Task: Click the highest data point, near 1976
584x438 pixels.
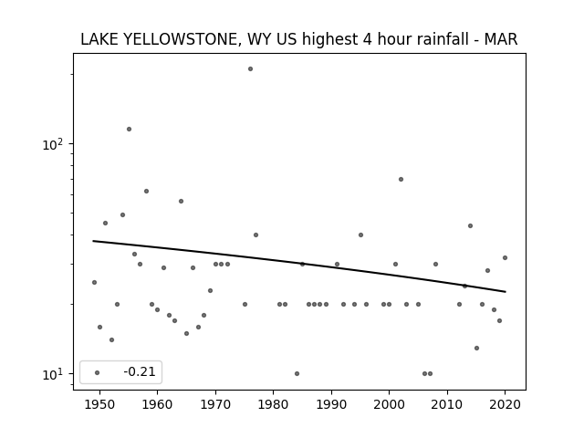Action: click(x=250, y=69)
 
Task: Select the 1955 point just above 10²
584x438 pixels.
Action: click(x=129, y=130)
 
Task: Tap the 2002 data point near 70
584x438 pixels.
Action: click(x=401, y=179)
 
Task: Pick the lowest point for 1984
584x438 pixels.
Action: click(x=297, y=373)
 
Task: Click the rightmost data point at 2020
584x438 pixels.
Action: click(x=505, y=257)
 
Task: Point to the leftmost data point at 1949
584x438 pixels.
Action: click(x=94, y=282)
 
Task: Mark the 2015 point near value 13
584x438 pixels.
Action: click(x=476, y=349)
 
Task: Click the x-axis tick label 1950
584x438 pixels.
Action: click(x=99, y=404)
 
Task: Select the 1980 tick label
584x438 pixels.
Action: click(x=273, y=404)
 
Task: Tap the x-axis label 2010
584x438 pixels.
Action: click(x=447, y=404)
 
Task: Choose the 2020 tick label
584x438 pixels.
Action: click(x=505, y=404)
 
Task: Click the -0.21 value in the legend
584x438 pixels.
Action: click(x=140, y=371)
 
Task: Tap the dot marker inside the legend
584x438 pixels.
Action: click(x=98, y=372)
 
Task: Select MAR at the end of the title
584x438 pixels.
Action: click(x=501, y=39)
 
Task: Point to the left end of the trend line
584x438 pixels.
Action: click(x=93, y=241)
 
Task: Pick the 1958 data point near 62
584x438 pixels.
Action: click(x=146, y=191)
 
